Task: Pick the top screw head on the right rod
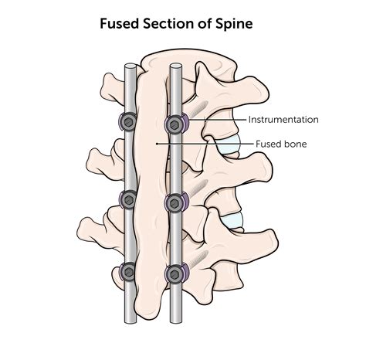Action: (x=177, y=124)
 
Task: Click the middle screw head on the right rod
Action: (x=176, y=203)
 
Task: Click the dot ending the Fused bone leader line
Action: (x=158, y=144)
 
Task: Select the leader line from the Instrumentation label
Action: (x=220, y=120)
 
